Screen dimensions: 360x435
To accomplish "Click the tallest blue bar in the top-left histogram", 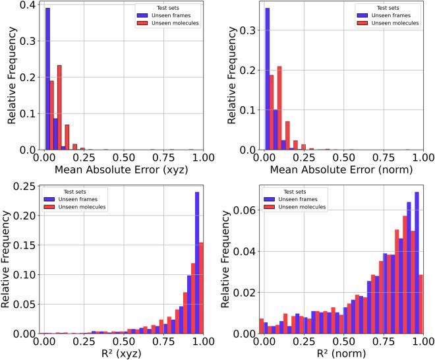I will [x=47, y=79].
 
